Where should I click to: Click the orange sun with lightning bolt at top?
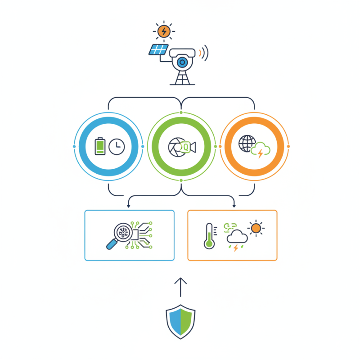(164, 31)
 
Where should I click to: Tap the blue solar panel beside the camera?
(158, 49)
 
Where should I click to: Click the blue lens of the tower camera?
(182, 61)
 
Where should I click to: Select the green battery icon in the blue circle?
(100, 147)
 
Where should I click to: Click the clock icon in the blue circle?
(117, 147)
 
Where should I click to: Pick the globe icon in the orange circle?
(246, 144)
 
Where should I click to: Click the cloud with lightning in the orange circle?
(261, 151)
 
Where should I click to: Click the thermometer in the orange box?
(208, 235)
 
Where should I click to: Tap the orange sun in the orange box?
(256, 228)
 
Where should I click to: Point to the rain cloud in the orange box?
(237, 239)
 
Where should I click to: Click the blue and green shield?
(180, 321)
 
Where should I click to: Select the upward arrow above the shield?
(180, 286)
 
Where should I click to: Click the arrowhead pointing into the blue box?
(129, 206)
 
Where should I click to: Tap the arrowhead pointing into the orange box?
(234, 206)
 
